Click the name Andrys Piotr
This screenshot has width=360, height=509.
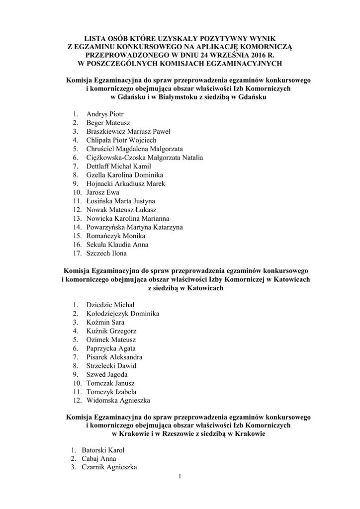(x=105, y=114)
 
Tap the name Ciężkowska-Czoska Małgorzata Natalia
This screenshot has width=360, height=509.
(x=144, y=158)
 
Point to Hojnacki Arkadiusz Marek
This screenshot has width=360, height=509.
(x=125, y=183)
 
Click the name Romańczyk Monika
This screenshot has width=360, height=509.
(x=116, y=236)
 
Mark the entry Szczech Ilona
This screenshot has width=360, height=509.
(x=106, y=253)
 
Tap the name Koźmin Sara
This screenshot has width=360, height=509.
(x=105, y=322)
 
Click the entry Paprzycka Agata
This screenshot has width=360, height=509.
(x=111, y=348)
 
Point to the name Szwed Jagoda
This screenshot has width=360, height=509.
(x=107, y=374)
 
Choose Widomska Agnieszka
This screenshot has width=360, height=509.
(x=118, y=400)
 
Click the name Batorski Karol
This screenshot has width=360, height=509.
(x=103, y=450)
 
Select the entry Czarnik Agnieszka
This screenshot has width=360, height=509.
(x=109, y=467)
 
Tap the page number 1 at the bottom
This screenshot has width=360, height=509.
(x=180, y=478)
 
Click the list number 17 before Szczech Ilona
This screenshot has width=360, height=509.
(x=77, y=253)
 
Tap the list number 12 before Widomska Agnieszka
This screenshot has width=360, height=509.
(x=77, y=400)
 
